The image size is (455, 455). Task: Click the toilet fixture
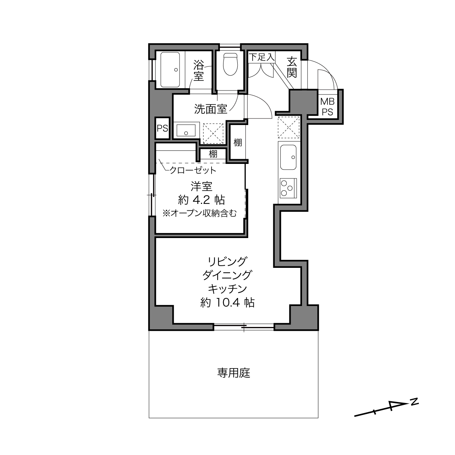click(230, 64)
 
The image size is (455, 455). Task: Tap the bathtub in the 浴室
click(170, 70)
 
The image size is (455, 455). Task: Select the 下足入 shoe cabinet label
click(262, 57)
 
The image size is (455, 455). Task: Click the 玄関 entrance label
click(292, 68)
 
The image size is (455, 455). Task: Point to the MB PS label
click(327, 107)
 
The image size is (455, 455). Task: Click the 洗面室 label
click(211, 109)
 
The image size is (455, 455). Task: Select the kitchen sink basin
click(288, 157)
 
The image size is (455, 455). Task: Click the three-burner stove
click(288, 188)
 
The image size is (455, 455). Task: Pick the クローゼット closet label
click(193, 170)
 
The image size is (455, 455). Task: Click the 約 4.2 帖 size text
click(201, 200)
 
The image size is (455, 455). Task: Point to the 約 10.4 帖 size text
click(227, 302)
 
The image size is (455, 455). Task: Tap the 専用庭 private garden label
click(234, 373)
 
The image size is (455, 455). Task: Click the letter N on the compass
click(414, 402)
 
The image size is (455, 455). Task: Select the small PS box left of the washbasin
click(162, 128)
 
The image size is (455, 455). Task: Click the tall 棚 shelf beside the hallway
click(238, 142)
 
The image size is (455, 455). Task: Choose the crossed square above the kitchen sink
click(289, 128)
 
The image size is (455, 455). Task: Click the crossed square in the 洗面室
click(213, 133)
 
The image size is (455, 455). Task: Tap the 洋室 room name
click(201, 186)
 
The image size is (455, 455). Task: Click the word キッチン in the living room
click(227, 289)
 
